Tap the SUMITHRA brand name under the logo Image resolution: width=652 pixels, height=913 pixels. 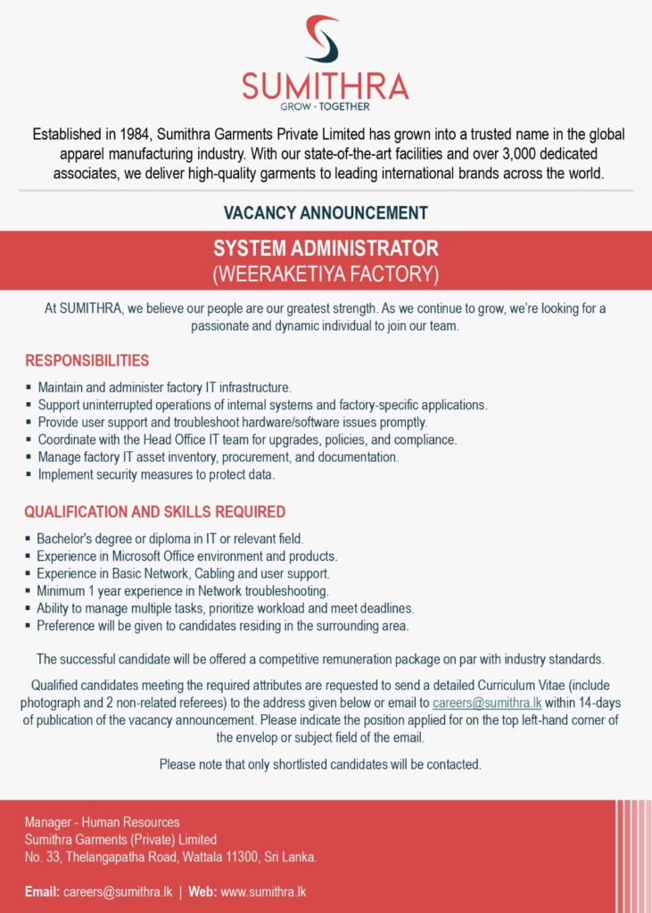(325, 86)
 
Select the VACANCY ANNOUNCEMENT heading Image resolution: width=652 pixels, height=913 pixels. (326, 213)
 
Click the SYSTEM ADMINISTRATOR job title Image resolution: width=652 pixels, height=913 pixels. (326, 248)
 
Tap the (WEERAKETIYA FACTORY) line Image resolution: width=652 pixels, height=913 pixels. (326, 271)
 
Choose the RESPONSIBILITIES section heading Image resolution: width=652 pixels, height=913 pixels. (87, 361)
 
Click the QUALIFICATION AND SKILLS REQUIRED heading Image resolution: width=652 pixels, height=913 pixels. (155, 512)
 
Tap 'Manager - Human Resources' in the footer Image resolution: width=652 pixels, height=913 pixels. (102, 822)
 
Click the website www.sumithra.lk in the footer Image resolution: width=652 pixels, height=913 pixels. (263, 892)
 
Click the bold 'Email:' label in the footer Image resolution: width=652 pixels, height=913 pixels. (42, 892)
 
